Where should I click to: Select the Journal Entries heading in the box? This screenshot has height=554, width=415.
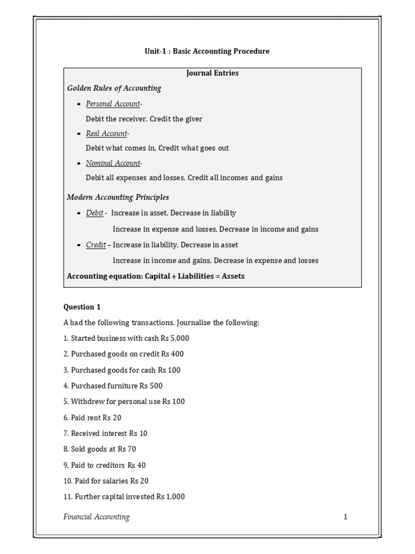pyautogui.click(x=212, y=73)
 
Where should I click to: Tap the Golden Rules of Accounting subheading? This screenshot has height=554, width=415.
pyautogui.click(x=113, y=88)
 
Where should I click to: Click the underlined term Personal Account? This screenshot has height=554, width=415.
pyautogui.click(x=113, y=104)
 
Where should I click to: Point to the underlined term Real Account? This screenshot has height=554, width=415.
pyautogui.click(x=106, y=134)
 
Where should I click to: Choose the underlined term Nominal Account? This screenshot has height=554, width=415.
pyautogui.click(x=113, y=163)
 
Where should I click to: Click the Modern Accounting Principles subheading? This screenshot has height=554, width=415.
pyautogui.click(x=118, y=197)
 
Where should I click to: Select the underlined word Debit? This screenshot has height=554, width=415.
pyautogui.click(x=95, y=213)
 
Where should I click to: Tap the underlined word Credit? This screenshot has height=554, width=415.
pyautogui.click(x=96, y=245)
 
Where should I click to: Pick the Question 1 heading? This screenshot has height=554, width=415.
pyautogui.click(x=82, y=307)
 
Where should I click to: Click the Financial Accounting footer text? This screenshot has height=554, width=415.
pyautogui.click(x=97, y=517)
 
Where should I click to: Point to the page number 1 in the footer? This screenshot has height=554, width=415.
pyautogui.click(x=345, y=517)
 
